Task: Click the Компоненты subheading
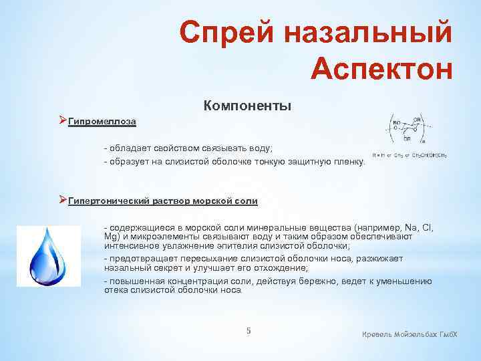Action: coord(247,106)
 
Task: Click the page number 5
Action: coord(249,331)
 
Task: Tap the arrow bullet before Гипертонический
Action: coord(63,200)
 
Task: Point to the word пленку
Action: coord(350,162)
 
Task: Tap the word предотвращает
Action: coord(140,259)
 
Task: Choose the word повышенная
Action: coord(136,281)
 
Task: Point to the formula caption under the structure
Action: coord(410,155)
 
